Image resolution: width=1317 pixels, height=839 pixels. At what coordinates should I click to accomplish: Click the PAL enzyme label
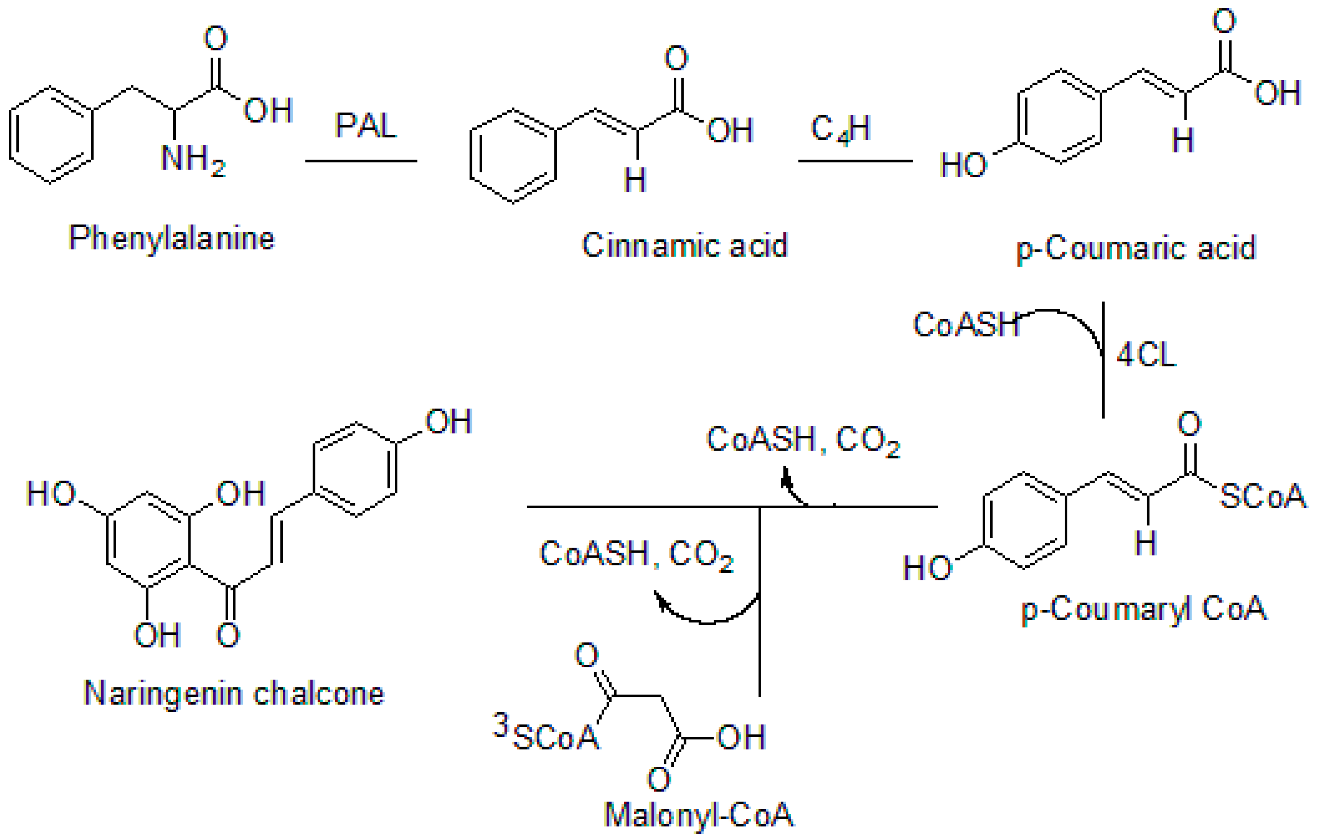click(x=365, y=126)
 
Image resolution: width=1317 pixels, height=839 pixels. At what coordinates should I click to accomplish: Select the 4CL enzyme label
click(x=1146, y=355)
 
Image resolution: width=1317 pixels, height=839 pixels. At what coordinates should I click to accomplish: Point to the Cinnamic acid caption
click(x=684, y=245)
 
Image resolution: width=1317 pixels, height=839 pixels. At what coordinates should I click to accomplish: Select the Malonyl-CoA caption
click(x=699, y=814)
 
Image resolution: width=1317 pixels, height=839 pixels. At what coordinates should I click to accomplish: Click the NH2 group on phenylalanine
click(x=193, y=159)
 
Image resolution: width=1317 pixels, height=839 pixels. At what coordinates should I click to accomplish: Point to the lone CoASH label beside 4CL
click(x=966, y=325)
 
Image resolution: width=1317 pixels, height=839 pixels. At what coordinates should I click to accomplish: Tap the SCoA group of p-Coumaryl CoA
click(x=1262, y=497)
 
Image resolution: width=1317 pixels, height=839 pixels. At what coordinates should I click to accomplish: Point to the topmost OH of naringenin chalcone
click(x=449, y=422)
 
